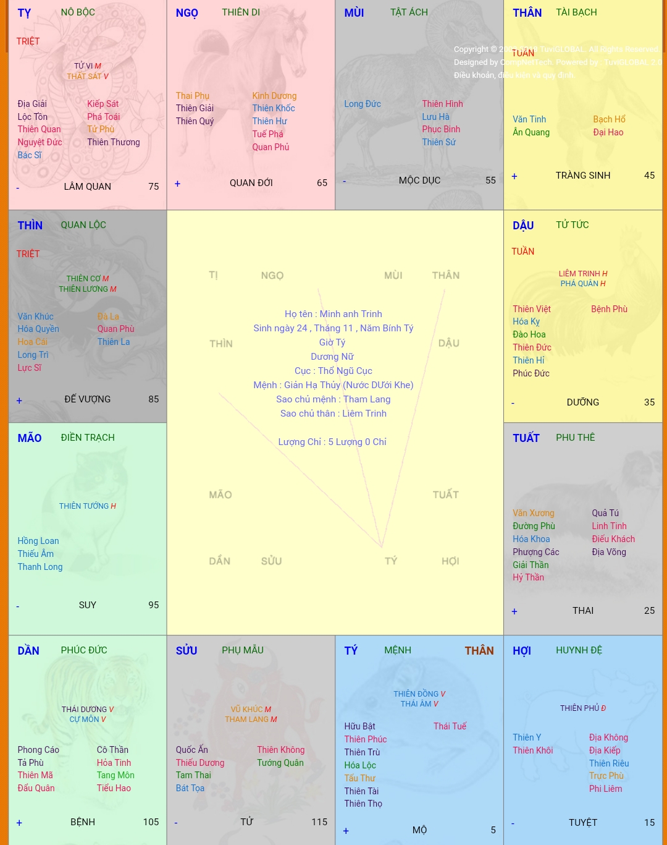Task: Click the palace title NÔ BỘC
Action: tap(78, 12)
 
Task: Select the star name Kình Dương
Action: tap(274, 96)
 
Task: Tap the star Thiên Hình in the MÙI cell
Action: tap(442, 104)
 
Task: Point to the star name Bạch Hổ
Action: tap(609, 119)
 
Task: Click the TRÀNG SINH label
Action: tap(582, 176)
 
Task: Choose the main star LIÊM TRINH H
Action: tap(582, 273)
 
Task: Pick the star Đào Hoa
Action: tap(529, 334)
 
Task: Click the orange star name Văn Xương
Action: tap(533, 513)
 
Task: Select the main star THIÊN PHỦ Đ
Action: tap(582, 708)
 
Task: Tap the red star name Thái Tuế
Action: tap(450, 726)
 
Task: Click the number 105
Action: tap(151, 822)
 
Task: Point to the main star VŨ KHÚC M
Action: tap(251, 709)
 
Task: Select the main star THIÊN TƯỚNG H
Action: tap(87, 506)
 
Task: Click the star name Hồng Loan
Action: tap(38, 541)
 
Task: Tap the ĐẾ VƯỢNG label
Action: tap(87, 399)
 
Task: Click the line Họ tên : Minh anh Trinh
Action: tap(333, 314)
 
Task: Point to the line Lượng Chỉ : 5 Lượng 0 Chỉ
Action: tap(332, 442)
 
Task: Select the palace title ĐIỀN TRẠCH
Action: tap(88, 438)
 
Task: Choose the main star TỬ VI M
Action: tap(87, 66)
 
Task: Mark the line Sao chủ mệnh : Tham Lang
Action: tap(333, 399)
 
